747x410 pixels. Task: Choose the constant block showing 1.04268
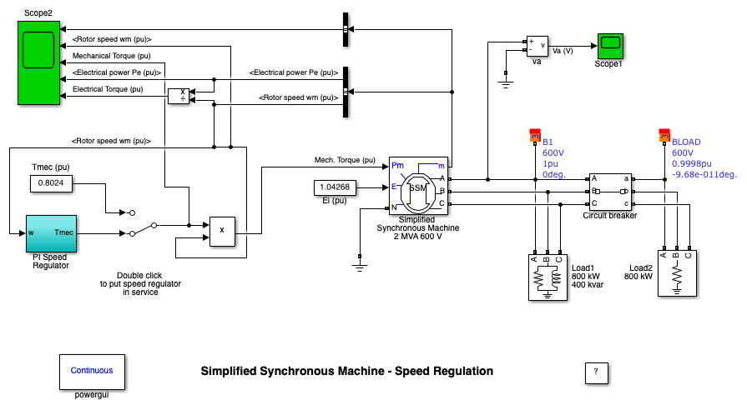(x=335, y=187)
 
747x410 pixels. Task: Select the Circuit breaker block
(x=610, y=192)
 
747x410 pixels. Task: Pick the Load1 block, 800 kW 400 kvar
(x=547, y=274)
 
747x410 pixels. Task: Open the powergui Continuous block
(x=85, y=371)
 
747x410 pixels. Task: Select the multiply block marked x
(x=221, y=230)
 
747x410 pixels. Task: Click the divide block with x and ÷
(x=179, y=96)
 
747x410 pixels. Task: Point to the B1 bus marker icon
(x=535, y=135)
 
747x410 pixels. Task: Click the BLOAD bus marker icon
(x=664, y=135)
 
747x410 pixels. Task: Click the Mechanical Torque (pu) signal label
(x=112, y=56)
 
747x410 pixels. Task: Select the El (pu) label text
(x=335, y=201)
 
